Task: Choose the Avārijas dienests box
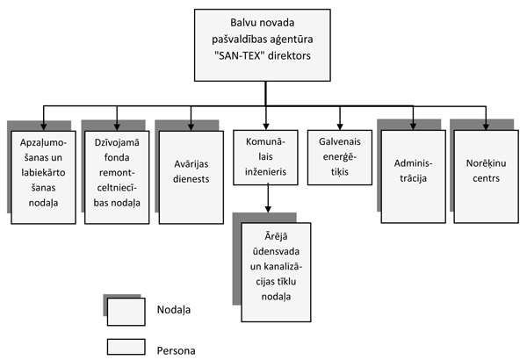192,171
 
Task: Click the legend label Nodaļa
173,310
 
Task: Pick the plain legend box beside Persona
124,349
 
